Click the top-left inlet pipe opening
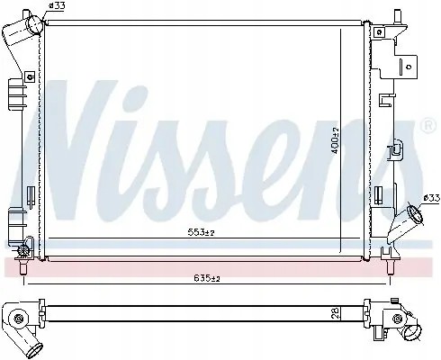click(35, 26)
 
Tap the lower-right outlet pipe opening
click(413, 217)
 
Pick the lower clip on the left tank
click(15, 218)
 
